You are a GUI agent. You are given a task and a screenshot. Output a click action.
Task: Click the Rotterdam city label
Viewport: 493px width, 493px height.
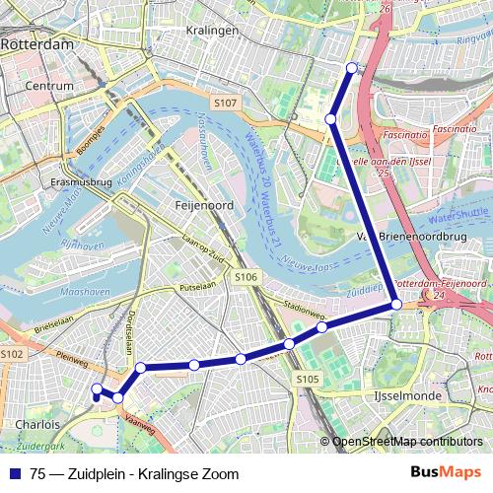pyautogui.click(x=36, y=45)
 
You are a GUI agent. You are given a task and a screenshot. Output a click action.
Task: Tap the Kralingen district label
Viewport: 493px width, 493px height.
pyautogui.click(x=212, y=31)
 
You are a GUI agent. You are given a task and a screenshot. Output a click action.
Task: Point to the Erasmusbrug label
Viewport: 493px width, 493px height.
pyautogui.click(x=81, y=183)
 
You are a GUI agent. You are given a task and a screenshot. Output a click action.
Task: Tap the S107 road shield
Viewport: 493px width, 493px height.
pyautogui.click(x=226, y=103)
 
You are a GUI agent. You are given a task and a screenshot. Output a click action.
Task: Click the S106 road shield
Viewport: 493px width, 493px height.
pyautogui.click(x=246, y=278)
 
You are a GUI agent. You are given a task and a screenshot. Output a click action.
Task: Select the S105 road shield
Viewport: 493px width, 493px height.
pyautogui.click(x=307, y=379)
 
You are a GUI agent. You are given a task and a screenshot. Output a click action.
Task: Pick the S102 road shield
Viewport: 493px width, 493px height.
pyautogui.click(x=12, y=353)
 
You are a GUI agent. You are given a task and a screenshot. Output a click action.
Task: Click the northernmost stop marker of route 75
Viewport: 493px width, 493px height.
pyautogui.click(x=352, y=68)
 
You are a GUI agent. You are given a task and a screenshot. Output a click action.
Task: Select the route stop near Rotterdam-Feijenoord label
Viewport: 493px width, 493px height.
pyautogui.click(x=396, y=305)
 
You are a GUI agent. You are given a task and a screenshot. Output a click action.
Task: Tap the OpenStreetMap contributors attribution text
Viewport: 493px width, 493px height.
pyautogui.click(x=407, y=441)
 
